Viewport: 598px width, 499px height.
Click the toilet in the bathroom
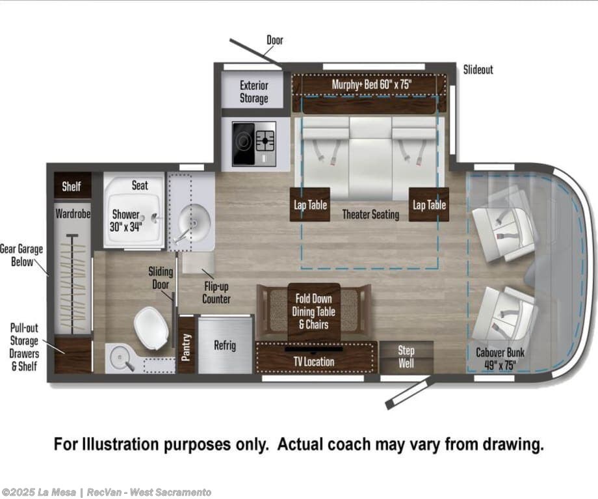(x=151, y=329)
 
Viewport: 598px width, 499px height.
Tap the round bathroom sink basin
(x=194, y=222)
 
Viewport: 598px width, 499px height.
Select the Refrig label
(x=225, y=345)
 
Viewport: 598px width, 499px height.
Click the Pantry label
(x=186, y=347)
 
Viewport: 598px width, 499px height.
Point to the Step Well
(x=406, y=357)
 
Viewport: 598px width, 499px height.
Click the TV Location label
(x=314, y=361)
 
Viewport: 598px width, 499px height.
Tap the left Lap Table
(x=310, y=205)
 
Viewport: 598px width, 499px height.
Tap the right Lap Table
(x=429, y=205)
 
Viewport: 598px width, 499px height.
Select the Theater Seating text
(x=370, y=214)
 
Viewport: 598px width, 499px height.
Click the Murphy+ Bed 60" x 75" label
(x=371, y=84)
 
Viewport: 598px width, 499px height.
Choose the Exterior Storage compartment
(x=254, y=92)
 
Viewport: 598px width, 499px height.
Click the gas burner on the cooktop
(x=265, y=140)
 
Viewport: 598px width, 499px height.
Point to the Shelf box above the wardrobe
(x=72, y=185)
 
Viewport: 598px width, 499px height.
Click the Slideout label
(x=478, y=70)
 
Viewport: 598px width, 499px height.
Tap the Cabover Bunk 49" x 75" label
(x=500, y=358)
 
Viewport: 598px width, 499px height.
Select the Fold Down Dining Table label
(x=313, y=305)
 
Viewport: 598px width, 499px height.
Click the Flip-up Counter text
(x=216, y=293)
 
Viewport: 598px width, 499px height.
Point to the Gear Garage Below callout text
(x=21, y=255)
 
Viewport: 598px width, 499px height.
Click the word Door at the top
(x=274, y=40)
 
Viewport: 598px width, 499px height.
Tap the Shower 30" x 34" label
(x=126, y=221)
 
